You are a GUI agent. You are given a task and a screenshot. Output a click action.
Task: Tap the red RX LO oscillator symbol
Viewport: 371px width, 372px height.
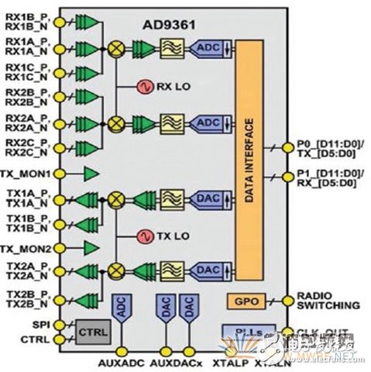click(x=143, y=88)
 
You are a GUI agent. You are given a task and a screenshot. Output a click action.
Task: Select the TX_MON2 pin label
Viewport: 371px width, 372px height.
click(x=26, y=248)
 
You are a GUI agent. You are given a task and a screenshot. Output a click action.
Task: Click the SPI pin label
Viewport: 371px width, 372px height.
click(x=40, y=325)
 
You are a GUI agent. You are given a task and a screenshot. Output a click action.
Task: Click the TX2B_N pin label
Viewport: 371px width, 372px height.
click(x=26, y=306)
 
